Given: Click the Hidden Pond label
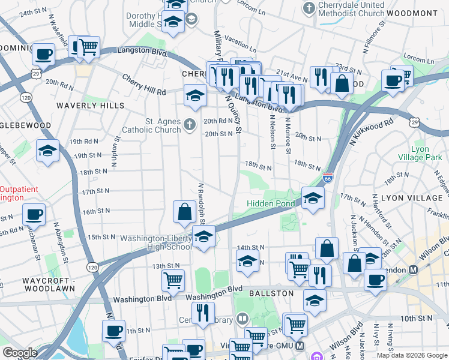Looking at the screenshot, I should [x=271, y=204].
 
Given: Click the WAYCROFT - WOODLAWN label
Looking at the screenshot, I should [x=41, y=284].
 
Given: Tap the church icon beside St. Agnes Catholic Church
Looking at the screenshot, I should [x=190, y=125].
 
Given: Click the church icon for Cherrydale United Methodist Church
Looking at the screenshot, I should [x=309, y=8].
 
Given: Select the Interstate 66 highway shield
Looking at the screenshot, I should [x=327, y=178].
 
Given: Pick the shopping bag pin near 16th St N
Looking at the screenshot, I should [x=184, y=212].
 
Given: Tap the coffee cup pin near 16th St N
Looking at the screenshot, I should [x=34, y=214].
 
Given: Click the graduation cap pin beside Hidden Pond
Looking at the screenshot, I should [x=312, y=198].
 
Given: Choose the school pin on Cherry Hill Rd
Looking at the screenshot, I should [x=194, y=95].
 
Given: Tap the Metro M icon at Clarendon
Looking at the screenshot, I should [x=413, y=270].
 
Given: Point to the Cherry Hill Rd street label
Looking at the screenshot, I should [x=143, y=85].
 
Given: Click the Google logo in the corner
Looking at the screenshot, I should [x=20, y=353].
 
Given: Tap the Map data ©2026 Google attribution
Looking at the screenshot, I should [x=412, y=355].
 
